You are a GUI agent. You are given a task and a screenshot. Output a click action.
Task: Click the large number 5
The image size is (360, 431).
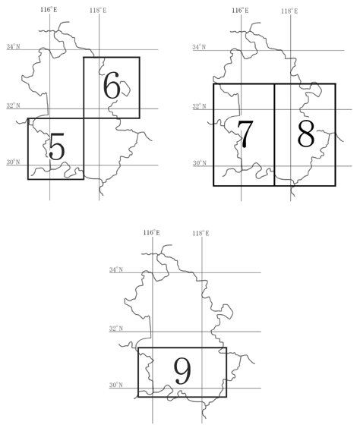57,146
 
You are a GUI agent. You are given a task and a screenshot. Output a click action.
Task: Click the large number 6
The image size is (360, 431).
112,85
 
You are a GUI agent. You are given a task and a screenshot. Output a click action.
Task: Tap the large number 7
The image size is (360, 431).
245,134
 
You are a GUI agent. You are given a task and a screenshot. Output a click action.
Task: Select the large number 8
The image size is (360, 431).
306,134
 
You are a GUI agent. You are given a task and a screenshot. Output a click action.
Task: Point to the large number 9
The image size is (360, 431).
182,371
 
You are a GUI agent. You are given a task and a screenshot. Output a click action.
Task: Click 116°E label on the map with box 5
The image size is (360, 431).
49,10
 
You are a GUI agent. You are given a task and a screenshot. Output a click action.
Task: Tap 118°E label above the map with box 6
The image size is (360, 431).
98,11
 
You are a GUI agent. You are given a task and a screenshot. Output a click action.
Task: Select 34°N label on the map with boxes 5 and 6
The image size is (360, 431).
13,46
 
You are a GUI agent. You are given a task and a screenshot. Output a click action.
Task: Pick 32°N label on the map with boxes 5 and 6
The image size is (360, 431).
13,105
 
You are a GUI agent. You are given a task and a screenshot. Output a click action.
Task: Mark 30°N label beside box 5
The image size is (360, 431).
13,162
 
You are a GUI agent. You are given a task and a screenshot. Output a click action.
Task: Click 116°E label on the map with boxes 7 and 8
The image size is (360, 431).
240,11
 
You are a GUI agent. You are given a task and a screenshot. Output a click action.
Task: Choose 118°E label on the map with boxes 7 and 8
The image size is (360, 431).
289,11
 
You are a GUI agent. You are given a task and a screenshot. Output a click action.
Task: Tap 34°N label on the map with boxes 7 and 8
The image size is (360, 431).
199,47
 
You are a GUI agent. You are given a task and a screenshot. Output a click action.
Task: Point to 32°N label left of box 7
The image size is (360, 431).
199,106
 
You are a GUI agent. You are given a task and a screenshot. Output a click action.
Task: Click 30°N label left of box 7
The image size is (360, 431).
200,163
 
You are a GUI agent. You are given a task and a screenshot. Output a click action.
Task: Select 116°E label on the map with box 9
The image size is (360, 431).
151,232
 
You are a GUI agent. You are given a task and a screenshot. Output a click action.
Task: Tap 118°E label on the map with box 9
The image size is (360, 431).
201,234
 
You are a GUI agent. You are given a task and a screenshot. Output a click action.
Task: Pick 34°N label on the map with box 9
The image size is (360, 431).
116,269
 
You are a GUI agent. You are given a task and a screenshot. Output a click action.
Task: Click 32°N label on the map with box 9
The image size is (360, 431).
116,329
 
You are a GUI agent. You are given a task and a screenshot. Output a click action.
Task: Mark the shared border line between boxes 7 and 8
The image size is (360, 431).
274,135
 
